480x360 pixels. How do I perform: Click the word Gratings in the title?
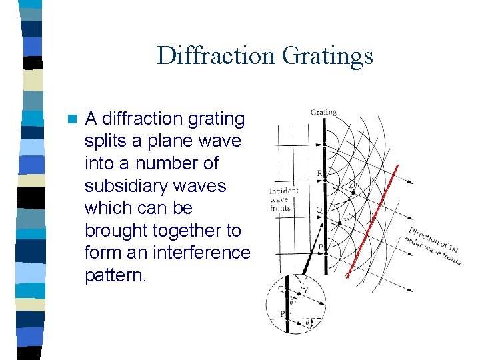tap(327, 55)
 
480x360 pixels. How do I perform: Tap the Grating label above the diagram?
tap(323, 112)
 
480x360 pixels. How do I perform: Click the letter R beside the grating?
tap(319, 173)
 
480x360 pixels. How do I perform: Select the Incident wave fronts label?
tap(284, 199)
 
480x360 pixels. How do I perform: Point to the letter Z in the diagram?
tap(351, 185)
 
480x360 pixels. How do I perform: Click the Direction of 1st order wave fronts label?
tap(434, 245)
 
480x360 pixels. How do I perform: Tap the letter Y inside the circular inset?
tap(306, 290)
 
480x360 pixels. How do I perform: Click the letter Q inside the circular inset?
tap(281, 289)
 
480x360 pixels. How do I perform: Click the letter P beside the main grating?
tap(320, 246)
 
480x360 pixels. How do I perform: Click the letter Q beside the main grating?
tap(319, 209)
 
